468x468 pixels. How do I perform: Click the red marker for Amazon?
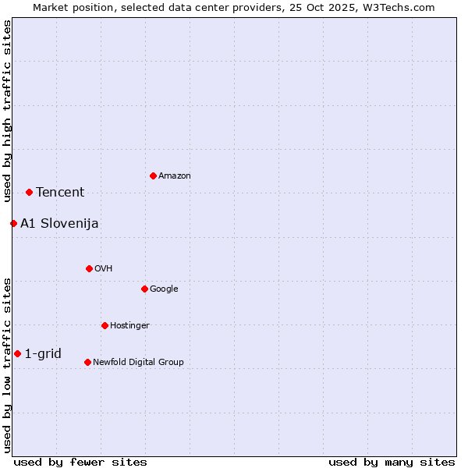tap(153, 175)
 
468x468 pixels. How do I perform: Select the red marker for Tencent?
tap(29, 192)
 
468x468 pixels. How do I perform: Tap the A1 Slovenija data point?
tap(13, 223)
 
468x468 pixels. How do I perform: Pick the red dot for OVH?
tap(89, 268)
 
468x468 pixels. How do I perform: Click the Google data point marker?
tap(144, 289)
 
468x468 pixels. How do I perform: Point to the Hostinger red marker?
tap(105, 325)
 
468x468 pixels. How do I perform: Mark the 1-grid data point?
tap(17, 353)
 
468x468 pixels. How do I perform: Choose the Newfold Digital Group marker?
tap(87, 362)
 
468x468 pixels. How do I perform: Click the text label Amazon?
tap(174, 176)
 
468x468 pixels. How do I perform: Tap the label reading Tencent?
tap(60, 193)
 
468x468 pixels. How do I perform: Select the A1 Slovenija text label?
tap(59, 224)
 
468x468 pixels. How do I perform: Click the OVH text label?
tap(104, 269)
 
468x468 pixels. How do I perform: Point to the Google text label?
tap(164, 289)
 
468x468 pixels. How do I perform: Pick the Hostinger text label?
tap(129, 326)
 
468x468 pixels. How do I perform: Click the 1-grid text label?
tap(43, 354)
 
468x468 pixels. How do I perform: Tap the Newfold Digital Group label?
tap(138, 363)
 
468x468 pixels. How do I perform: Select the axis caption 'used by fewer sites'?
tap(80, 462)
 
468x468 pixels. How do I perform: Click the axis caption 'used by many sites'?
tap(392, 462)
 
